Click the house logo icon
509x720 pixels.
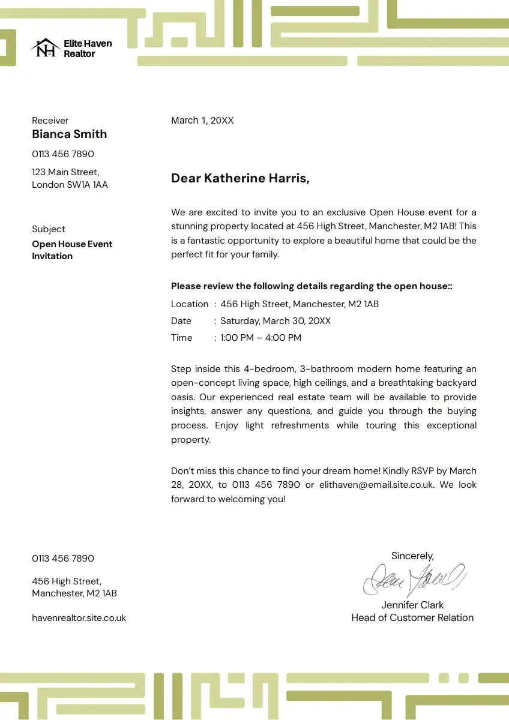pyautogui.click(x=45, y=48)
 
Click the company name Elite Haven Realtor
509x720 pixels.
pyautogui.click(x=88, y=49)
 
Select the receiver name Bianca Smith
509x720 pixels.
pyautogui.click(x=70, y=134)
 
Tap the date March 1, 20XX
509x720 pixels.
pyautogui.click(x=202, y=121)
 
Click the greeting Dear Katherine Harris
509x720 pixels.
pyautogui.click(x=240, y=178)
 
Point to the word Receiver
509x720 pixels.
pyautogui.click(x=50, y=121)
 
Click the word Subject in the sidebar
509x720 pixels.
pyautogui.click(x=49, y=229)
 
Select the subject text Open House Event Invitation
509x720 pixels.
pyautogui.click(x=72, y=250)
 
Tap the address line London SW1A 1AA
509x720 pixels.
pyautogui.click(x=70, y=185)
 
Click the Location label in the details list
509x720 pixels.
pyautogui.click(x=190, y=304)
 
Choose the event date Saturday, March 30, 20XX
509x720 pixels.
pyautogui.click(x=276, y=321)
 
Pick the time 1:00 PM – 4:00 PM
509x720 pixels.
pyautogui.click(x=261, y=338)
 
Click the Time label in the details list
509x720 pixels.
pyautogui.click(x=182, y=338)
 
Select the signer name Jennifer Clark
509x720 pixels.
pyautogui.click(x=412, y=605)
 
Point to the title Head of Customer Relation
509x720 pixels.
pyautogui.click(x=412, y=617)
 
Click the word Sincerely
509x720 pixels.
pyautogui.click(x=412, y=556)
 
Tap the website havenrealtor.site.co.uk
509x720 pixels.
pyautogui.click(x=79, y=618)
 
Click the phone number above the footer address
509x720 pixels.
pyautogui.click(x=63, y=559)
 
